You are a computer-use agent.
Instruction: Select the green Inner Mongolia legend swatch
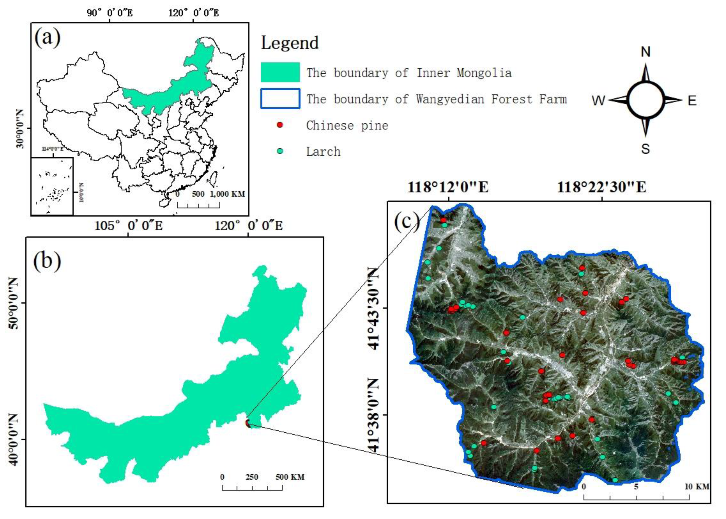[x=280, y=72]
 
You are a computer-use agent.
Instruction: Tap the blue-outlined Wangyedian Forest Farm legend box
[x=280, y=99]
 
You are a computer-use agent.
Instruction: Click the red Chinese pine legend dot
[x=280, y=125]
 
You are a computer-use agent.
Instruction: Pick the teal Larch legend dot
[x=280, y=151]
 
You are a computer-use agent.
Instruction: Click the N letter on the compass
[x=646, y=52]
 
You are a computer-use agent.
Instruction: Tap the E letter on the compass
[x=692, y=101]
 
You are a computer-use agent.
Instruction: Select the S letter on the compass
[x=645, y=149]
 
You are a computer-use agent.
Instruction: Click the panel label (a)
[x=47, y=38]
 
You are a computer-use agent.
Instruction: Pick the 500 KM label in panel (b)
[x=290, y=477]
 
